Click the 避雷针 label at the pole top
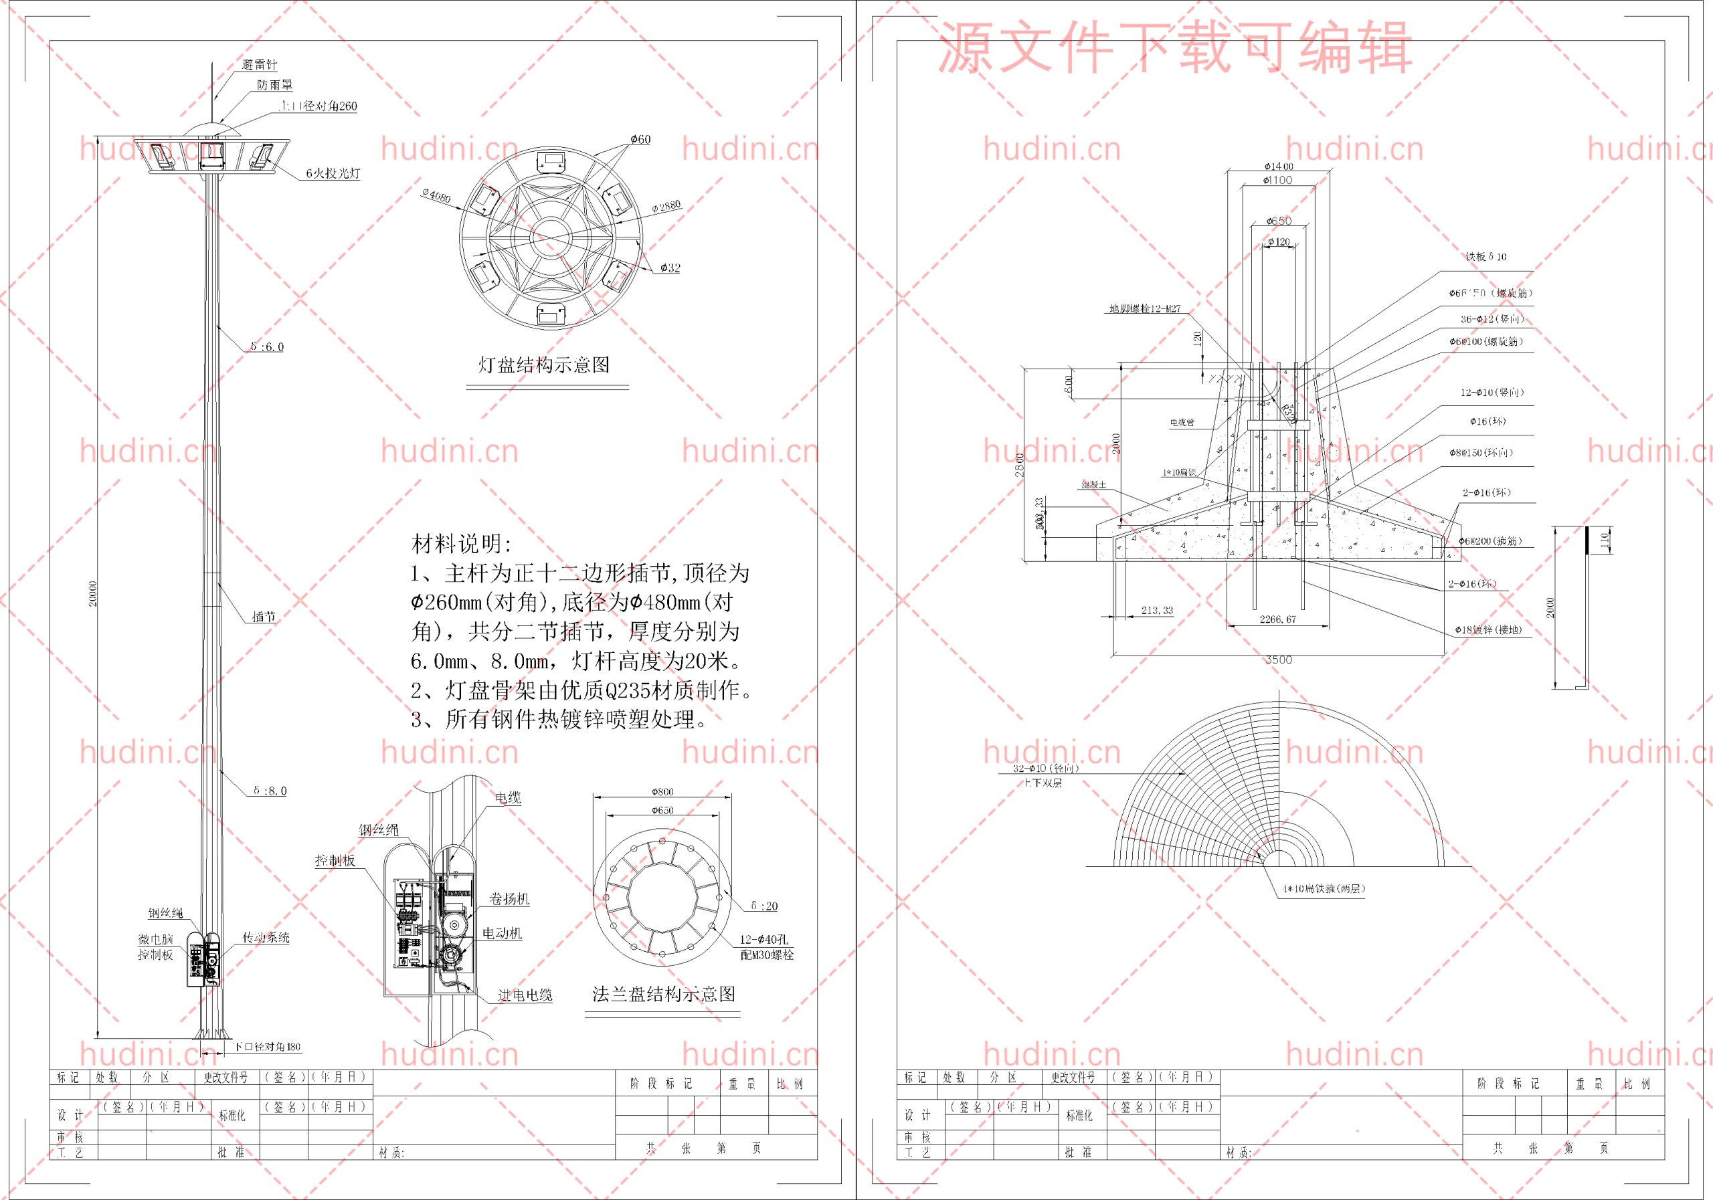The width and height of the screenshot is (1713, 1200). (259, 65)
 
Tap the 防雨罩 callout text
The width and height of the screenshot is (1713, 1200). (274, 85)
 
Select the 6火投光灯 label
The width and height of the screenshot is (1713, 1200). (333, 173)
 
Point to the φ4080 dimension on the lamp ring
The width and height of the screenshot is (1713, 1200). (436, 196)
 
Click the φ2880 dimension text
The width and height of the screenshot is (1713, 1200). (666, 206)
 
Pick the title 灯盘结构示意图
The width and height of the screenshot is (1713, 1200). (544, 365)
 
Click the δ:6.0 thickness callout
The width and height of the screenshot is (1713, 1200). (267, 346)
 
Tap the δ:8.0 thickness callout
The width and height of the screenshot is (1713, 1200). (270, 791)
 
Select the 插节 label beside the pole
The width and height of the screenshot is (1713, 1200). (264, 617)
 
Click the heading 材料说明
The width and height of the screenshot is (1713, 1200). (461, 544)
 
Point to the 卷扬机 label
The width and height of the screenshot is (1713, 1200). (509, 899)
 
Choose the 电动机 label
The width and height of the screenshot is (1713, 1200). (501, 933)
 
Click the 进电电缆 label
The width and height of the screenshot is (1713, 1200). (525, 995)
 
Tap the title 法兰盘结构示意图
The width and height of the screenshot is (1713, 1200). (663, 994)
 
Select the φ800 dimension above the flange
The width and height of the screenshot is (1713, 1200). (662, 791)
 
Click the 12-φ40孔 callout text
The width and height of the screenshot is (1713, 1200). (764, 940)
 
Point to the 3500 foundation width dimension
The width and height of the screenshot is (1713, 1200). (1279, 660)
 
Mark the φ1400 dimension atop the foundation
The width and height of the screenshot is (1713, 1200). (1278, 167)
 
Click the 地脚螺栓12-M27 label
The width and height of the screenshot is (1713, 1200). (1144, 309)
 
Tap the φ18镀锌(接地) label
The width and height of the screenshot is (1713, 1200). (1487, 629)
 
